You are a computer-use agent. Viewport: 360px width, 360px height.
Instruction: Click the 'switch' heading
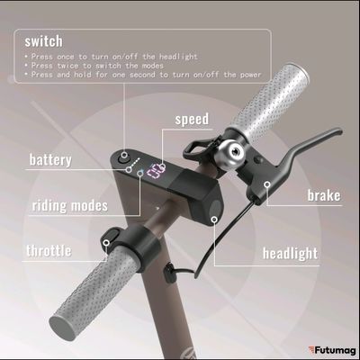pyautogui.click(x=42, y=40)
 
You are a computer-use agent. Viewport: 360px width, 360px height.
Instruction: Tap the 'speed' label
pyautogui.click(x=191, y=119)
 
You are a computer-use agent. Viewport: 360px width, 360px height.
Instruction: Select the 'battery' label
pyautogui.click(x=49, y=160)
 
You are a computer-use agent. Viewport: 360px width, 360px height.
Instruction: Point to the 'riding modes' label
pyautogui.click(x=70, y=205)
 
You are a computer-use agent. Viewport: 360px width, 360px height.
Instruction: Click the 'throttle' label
pyautogui.click(x=49, y=250)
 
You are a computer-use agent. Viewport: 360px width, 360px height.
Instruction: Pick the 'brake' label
pyautogui.click(x=323, y=195)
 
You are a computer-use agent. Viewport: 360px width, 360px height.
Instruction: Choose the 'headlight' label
pyautogui.click(x=290, y=253)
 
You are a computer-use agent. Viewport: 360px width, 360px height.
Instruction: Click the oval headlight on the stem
pyautogui.click(x=215, y=210)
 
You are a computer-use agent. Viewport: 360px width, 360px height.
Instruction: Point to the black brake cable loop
pyautogui.click(x=214, y=256)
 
